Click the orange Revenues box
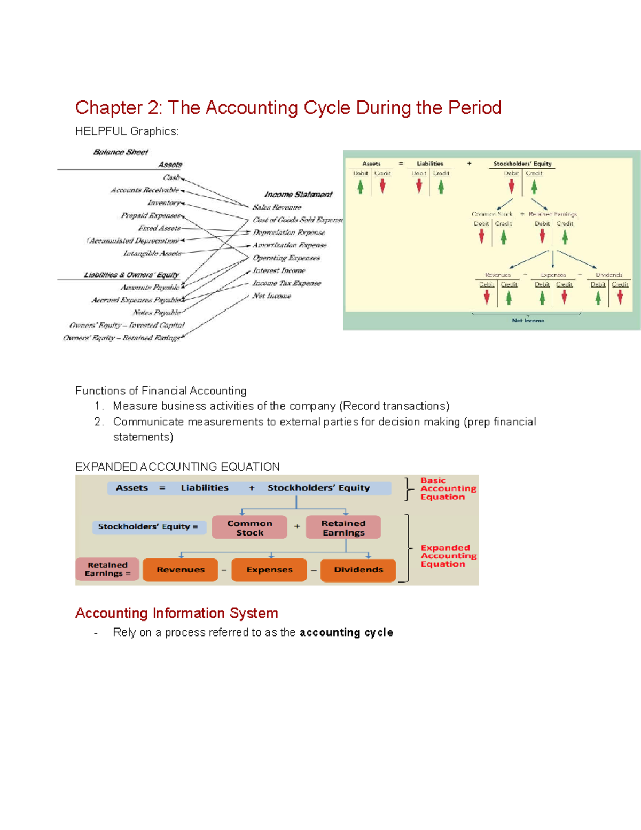click(x=181, y=570)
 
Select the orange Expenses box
click(x=269, y=570)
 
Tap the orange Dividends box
click(x=358, y=570)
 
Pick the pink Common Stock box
click(x=249, y=528)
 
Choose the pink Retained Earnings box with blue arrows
click(x=343, y=528)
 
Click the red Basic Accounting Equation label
click(x=448, y=488)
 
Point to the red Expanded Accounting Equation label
click(x=448, y=556)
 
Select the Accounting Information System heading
click(x=177, y=613)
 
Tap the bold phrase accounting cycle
click(x=346, y=633)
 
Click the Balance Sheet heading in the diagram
click(x=121, y=152)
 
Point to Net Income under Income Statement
click(x=272, y=296)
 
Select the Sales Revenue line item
click(x=277, y=207)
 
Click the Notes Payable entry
click(x=157, y=313)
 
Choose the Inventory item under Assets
click(x=164, y=203)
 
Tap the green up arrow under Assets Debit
click(x=361, y=187)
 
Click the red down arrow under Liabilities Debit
click(x=419, y=186)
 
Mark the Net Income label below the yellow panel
click(x=528, y=321)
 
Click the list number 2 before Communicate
click(x=98, y=422)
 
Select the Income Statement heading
click(x=298, y=195)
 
